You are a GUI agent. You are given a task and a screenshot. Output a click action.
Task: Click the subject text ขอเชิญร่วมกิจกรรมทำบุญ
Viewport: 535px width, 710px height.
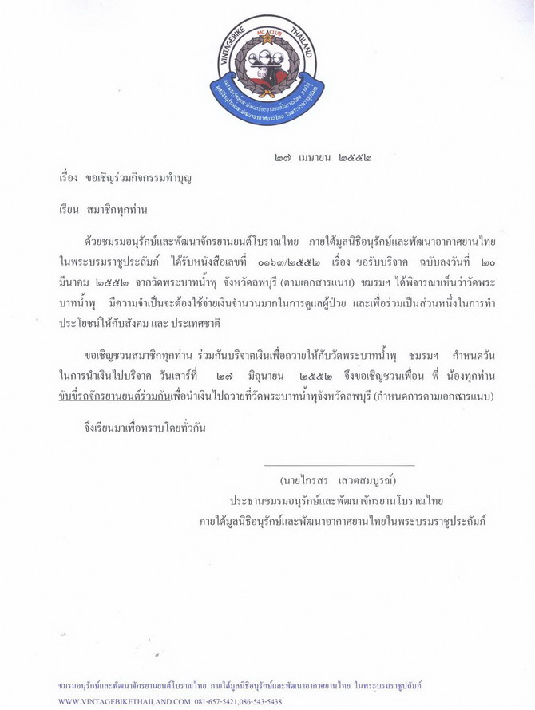[x=136, y=177]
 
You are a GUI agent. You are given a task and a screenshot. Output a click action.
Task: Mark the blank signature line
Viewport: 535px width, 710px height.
[x=339, y=464]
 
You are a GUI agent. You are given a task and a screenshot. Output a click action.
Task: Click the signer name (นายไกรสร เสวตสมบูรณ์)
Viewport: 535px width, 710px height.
[x=339, y=481]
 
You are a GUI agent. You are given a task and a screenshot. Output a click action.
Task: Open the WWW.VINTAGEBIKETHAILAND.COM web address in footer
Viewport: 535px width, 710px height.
[x=125, y=701]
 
